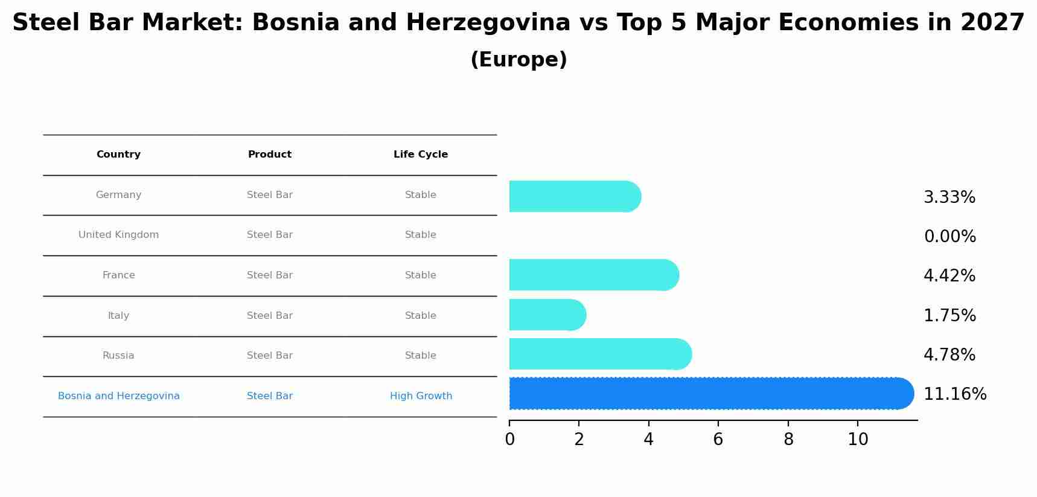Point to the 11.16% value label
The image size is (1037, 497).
click(x=955, y=394)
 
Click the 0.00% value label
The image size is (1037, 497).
click(x=949, y=237)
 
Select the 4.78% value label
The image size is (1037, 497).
click(x=949, y=355)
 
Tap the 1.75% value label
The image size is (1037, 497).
click(x=949, y=316)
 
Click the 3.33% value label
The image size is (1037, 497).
click(x=949, y=197)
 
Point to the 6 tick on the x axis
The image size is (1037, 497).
click(x=718, y=440)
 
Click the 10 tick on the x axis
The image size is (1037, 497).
click(x=858, y=440)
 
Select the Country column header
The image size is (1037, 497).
click(x=118, y=155)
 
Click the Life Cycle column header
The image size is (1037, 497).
click(x=421, y=155)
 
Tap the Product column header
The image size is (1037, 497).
click(x=270, y=155)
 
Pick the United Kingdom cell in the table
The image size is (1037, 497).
click(x=118, y=235)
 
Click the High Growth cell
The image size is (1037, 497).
click(x=421, y=396)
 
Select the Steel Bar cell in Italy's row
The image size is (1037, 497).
click(x=270, y=316)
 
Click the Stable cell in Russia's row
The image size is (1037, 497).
click(x=421, y=356)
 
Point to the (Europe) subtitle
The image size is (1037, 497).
click(x=518, y=60)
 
